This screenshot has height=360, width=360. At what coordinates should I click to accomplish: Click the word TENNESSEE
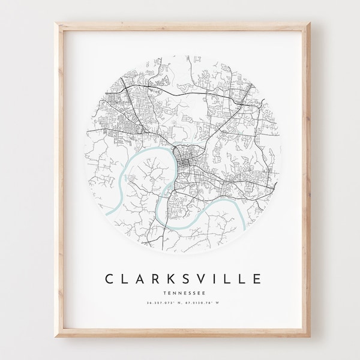point(179,276)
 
